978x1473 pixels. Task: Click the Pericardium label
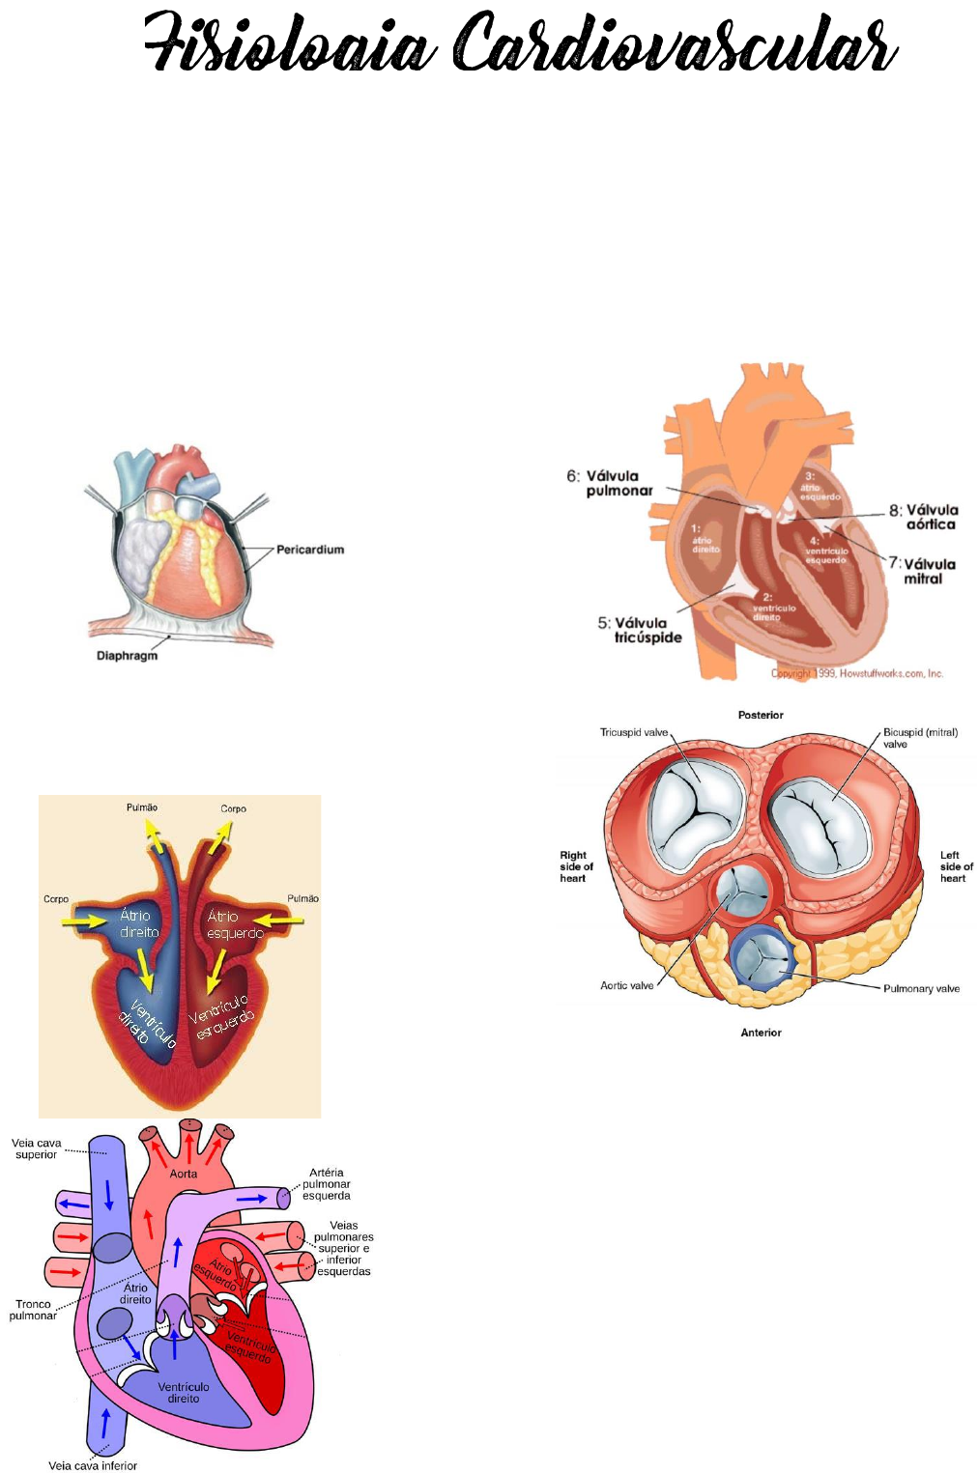click(x=309, y=550)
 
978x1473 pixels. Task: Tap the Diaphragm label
click(x=127, y=656)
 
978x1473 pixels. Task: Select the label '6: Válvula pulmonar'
click(x=611, y=483)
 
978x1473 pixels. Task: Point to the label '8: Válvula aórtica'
click(x=925, y=517)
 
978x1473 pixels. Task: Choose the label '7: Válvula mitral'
click(x=923, y=571)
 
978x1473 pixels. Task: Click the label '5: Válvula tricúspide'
click(x=641, y=630)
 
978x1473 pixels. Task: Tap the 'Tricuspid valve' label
click(x=634, y=732)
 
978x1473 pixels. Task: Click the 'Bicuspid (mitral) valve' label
click(x=919, y=737)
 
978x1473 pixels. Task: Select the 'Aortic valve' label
click(x=626, y=986)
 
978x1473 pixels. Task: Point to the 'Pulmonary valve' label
click(x=921, y=989)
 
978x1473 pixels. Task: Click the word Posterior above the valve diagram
click(x=761, y=716)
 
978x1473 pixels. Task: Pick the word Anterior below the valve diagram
click(x=761, y=1033)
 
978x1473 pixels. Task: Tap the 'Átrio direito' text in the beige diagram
click(x=138, y=924)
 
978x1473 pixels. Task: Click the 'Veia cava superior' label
click(x=37, y=1148)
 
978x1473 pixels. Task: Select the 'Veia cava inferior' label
click(x=93, y=1465)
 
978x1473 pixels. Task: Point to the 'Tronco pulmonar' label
click(x=33, y=1310)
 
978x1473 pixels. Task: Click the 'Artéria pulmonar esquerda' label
click(x=327, y=1184)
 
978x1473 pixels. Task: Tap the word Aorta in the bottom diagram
click(x=184, y=1174)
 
